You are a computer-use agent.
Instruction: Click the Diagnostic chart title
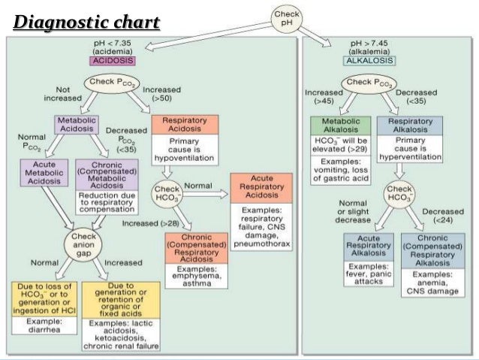coord(87,22)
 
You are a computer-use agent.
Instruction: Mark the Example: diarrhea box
coord(44,324)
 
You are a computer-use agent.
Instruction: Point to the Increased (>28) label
coord(150,223)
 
